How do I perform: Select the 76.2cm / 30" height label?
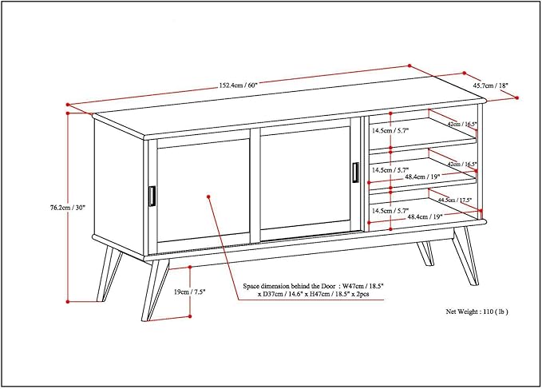(67, 207)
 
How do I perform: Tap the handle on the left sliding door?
(151, 196)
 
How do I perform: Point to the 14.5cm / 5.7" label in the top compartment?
(390, 129)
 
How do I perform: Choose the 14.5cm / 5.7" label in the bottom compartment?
(390, 210)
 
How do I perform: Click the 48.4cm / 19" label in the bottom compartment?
(424, 216)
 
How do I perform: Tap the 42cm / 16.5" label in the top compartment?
(461, 125)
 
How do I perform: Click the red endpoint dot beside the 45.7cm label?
(517, 97)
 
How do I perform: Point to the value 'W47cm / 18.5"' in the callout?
(372, 285)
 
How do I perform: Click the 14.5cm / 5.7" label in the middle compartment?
(390, 169)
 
